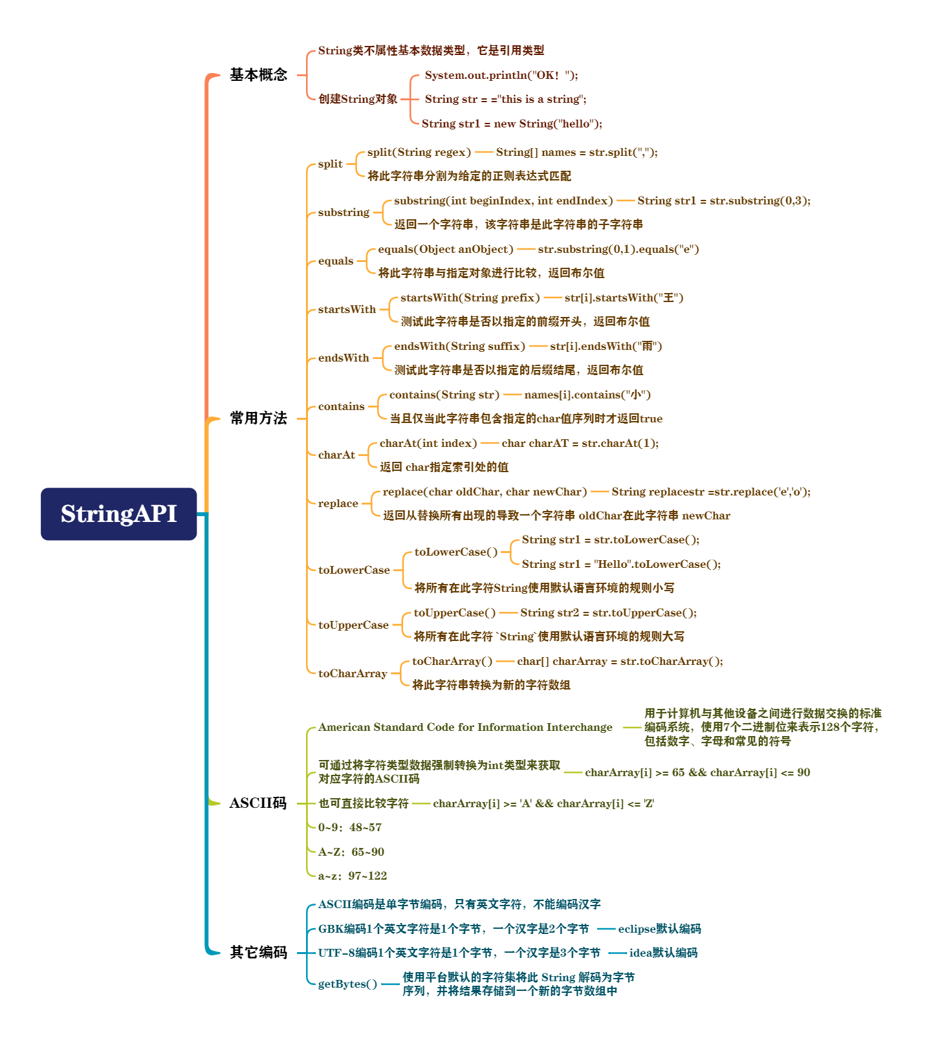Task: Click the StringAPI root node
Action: coord(118,514)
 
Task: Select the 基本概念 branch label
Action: coord(258,75)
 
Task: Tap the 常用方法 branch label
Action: coord(258,418)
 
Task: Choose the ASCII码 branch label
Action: coord(257,803)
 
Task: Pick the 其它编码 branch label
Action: coord(258,953)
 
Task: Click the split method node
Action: coord(330,164)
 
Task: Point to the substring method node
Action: coord(344,213)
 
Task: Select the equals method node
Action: coord(336,261)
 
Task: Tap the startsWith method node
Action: coord(347,310)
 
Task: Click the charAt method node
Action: coord(336,455)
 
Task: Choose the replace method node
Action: coord(338,504)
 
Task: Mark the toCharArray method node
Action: coord(353,674)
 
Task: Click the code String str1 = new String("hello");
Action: coord(512,124)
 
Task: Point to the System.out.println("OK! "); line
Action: coord(501,75)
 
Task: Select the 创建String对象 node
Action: coord(358,99)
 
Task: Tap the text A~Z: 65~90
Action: coord(351,852)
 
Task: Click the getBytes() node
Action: coord(347,984)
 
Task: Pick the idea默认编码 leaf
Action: coord(663,953)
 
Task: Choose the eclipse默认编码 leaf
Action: coord(659,929)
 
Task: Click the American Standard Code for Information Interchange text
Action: coord(465,728)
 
